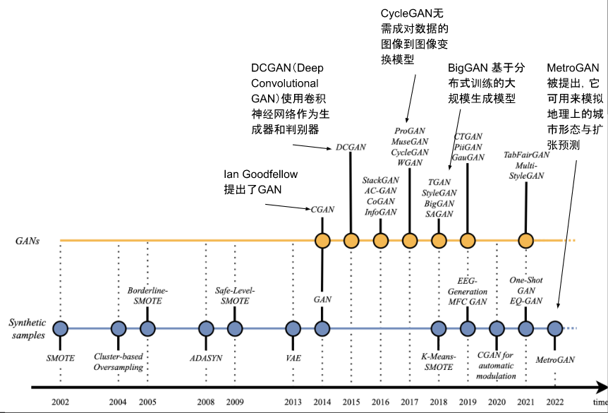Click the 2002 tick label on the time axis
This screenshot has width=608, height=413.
60,402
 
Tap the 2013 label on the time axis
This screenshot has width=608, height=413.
293,402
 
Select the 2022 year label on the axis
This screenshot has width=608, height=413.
554,402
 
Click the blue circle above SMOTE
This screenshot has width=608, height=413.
60,328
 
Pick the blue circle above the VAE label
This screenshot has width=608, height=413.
293,328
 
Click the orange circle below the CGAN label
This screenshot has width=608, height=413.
322,241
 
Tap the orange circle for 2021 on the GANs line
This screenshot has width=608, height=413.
525,241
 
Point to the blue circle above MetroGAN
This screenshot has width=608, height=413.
554,328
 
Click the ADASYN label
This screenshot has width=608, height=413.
205,358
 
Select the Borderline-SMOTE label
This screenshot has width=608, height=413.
148,296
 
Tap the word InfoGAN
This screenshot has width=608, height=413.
380,212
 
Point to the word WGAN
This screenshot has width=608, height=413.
410,162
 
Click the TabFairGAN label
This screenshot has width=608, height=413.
526,155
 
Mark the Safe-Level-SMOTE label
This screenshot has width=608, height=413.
234,296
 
